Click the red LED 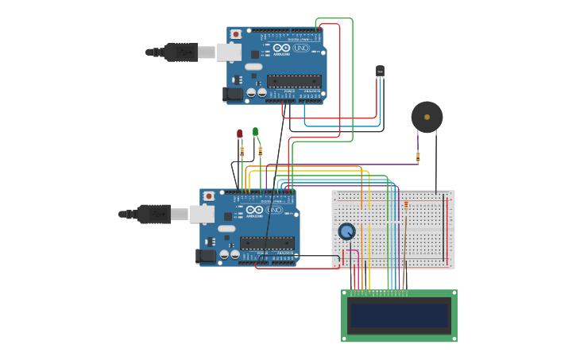(x=239, y=134)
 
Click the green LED (x=255, y=131)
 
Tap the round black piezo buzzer (x=427, y=117)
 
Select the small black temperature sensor (x=380, y=72)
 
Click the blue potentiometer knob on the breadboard (x=346, y=231)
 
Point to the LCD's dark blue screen (x=399, y=315)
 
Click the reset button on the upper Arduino (x=236, y=34)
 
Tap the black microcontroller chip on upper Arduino (x=294, y=81)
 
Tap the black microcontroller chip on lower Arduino (x=267, y=242)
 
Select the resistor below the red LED (x=242, y=151)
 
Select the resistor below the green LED (x=260, y=151)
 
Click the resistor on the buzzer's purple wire (x=418, y=156)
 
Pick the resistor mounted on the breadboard (x=406, y=205)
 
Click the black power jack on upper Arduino (x=233, y=95)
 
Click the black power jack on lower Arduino (x=206, y=256)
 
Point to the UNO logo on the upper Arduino (x=300, y=48)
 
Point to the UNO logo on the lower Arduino (x=273, y=210)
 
